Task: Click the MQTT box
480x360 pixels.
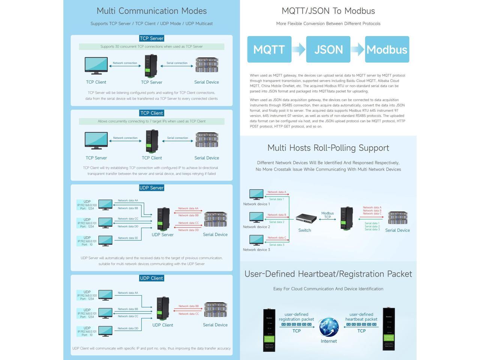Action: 269,49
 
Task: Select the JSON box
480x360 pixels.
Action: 328,49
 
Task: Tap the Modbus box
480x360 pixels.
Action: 387,49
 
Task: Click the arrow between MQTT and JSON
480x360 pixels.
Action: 298,49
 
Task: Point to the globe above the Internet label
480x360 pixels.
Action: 329,327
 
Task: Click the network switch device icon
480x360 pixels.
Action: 306,219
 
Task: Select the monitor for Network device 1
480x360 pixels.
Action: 256,194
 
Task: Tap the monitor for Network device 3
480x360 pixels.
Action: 256,240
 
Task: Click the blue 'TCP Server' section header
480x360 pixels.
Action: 151,38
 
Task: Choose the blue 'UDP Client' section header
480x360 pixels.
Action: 151,278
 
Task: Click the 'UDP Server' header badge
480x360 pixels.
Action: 151,188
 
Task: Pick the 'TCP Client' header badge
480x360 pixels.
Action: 151,113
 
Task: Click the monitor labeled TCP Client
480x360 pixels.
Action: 96,66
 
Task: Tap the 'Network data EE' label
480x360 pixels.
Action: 128,238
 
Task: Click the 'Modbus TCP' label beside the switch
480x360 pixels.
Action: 327,215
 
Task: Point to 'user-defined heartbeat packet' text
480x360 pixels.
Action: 361,317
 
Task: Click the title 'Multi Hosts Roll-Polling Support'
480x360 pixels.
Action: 328,148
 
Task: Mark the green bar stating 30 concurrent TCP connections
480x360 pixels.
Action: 151,46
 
